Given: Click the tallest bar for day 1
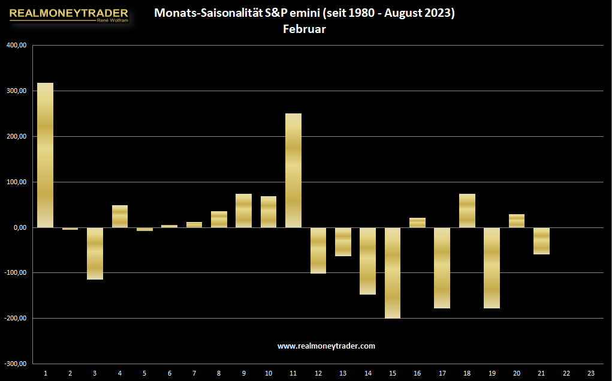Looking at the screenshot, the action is tap(46, 155).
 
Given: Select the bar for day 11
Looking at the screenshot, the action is tap(293, 170).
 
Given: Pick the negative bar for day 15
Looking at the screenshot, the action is tap(392, 273).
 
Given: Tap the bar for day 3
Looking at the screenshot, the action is tap(95, 253).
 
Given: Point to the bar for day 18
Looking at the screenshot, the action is tap(467, 211).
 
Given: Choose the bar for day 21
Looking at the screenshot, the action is tap(541, 241).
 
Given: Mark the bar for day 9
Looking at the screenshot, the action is tap(243, 211).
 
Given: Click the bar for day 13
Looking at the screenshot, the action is tap(343, 241).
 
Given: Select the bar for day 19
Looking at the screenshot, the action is tap(492, 268).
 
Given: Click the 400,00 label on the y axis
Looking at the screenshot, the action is tap(16, 46).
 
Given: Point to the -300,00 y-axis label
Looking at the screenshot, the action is tap(16, 364).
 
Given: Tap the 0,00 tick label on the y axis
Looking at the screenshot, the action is tap(20, 227).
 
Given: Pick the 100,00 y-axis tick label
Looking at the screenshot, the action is tap(16, 182).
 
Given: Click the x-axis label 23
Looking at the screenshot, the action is tap(591, 373).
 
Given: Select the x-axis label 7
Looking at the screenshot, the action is tap(194, 373).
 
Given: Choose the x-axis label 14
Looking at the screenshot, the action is tap(367, 373).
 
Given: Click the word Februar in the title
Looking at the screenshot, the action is tap(305, 29).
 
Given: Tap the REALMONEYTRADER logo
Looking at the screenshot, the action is tap(69, 15).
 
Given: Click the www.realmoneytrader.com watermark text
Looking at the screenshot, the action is tap(326, 346).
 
